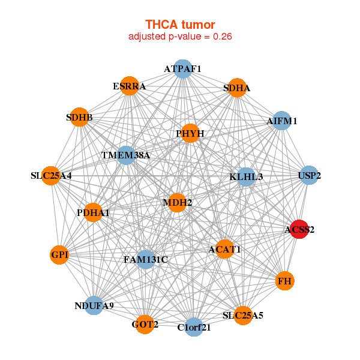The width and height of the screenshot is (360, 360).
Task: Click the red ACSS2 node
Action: pyautogui.click(x=299, y=229)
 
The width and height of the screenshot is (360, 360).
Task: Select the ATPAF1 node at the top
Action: pyautogui.click(x=182, y=69)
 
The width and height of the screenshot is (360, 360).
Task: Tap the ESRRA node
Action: pyautogui.click(x=129, y=86)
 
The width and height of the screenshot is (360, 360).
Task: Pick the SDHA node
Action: pyautogui.click(x=237, y=88)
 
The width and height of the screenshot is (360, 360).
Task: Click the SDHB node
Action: pyautogui.click(x=79, y=117)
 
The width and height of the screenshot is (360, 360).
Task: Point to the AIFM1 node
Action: pyautogui.click(x=282, y=121)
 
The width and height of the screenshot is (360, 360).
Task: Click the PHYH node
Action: pyautogui.click(x=190, y=133)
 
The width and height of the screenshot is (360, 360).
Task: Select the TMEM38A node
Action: pyautogui.click(x=126, y=155)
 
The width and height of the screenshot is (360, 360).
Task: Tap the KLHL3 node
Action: pyautogui.click(x=246, y=176)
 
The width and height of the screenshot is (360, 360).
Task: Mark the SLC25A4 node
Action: pyautogui.click(x=52, y=176)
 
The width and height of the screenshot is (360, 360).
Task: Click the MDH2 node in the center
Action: pyautogui.click(x=177, y=203)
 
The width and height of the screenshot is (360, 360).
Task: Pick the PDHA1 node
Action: pyautogui.click(x=93, y=212)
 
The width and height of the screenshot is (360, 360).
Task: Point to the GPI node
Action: pyautogui.click(x=60, y=255)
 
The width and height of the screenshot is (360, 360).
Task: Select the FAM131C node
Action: pyautogui.click(x=146, y=259)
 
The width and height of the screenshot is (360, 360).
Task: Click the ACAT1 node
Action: pyautogui.click(x=224, y=248)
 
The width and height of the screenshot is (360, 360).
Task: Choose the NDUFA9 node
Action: pyautogui.click(x=94, y=305)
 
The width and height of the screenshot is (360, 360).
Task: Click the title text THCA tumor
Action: pyautogui.click(x=180, y=25)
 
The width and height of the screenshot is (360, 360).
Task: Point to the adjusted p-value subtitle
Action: pyautogui.click(x=180, y=36)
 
